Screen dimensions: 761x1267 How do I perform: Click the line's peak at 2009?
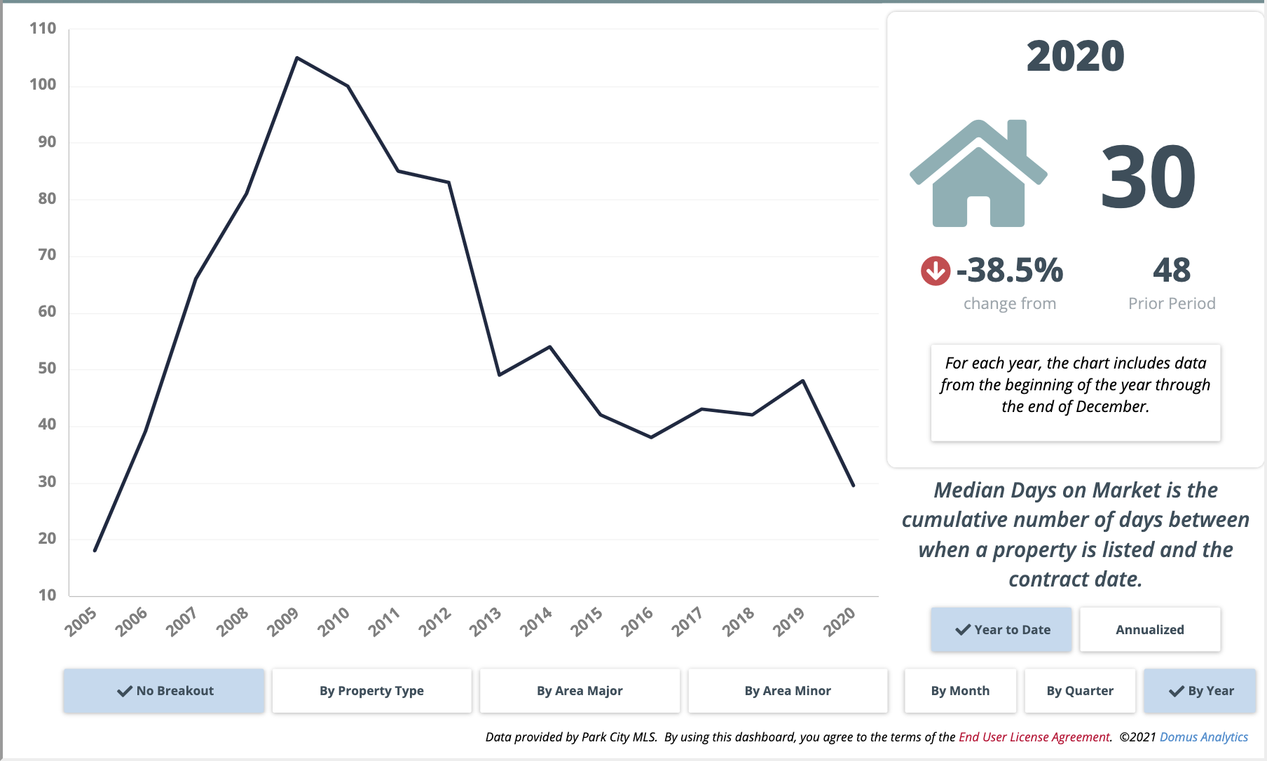click(297, 57)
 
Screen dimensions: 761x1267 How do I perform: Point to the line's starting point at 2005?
click(95, 551)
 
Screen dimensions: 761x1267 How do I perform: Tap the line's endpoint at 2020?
click(853, 485)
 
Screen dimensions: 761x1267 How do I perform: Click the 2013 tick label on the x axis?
click(486, 622)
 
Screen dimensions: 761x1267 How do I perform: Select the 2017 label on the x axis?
click(687, 622)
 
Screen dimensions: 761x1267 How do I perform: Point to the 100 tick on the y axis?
click(43, 85)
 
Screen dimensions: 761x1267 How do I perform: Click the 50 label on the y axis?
click(47, 369)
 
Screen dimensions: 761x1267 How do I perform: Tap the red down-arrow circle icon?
click(936, 271)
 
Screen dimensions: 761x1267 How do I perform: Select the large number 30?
click(1148, 177)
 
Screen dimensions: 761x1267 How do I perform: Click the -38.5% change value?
click(1010, 270)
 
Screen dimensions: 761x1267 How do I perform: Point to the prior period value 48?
click(1172, 270)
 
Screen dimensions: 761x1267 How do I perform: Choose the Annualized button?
click(1149, 629)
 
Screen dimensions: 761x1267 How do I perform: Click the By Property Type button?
click(371, 691)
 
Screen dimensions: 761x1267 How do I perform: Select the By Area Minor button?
click(788, 691)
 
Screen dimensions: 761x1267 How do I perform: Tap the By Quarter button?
click(1079, 691)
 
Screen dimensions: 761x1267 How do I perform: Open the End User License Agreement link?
click(1034, 737)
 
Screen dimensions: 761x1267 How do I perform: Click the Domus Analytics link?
click(1203, 737)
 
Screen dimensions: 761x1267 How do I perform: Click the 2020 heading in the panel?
click(1075, 56)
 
